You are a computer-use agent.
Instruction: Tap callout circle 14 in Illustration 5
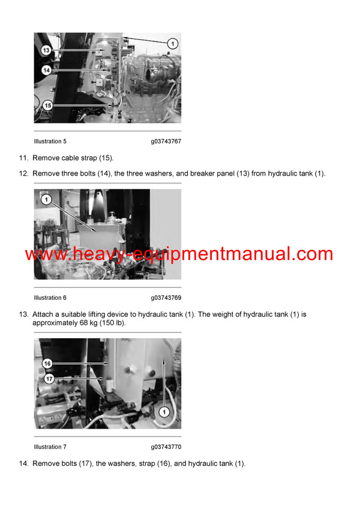pyautogui.click(x=47, y=70)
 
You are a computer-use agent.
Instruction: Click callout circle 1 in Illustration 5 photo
pyautogui.click(x=172, y=43)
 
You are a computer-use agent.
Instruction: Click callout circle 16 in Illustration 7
pyautogui.click(x=47, y=363)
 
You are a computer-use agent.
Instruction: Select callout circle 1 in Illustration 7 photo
pyautogui.click(x=163, y=411)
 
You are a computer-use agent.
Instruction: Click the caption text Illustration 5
pyautogui.click(x=50, y=141)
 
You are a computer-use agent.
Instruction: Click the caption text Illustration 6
pyautogui.click(x=50, y=298)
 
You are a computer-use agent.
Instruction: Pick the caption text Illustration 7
pyautogui.click(x=50, y=447)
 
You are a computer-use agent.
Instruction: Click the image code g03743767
pyautogui.click(x=166, y=141)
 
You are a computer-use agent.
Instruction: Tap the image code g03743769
pyautogui.click(x=166, y=298)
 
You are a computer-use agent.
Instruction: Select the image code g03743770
pyautogui.click(x=166, y=447)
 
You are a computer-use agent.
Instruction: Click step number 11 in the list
pyautogui.click(x=23, y=158)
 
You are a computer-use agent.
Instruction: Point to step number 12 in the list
pyautogui.click(x=23, y=174)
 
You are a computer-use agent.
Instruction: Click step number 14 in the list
pyautogui.click(x=23, y=463)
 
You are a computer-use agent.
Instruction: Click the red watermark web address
pyautogui.click(x=179, y=254)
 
